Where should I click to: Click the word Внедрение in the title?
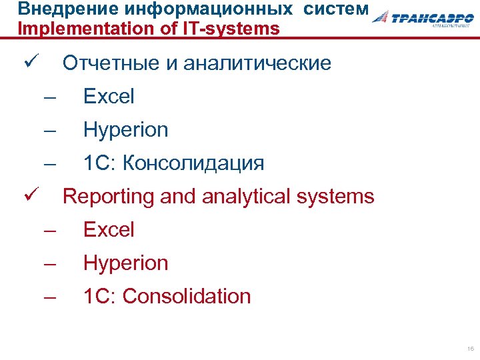(x=54, y=9)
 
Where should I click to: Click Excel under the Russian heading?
(x=109, y=97)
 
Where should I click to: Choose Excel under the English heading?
(x=109, y=230)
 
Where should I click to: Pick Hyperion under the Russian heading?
(x=125, y=130)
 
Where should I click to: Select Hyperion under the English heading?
(x=125, y=263)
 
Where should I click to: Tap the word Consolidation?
(x=187, y=297)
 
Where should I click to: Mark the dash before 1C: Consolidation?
(x=50, y=297)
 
